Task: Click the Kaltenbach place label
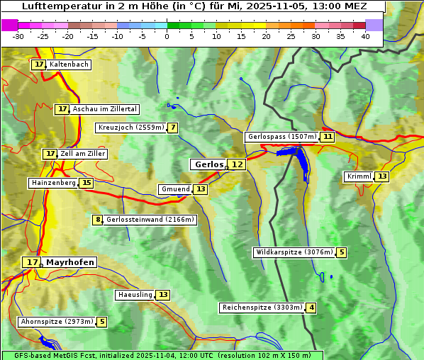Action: pyautogui.click(x=69, y=64)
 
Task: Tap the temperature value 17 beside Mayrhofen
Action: pyautogui.click(x=31, y=262)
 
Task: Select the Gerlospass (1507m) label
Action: pyautogui.click(x=281, y=137)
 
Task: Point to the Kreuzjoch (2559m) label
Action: pyautogui.click(x=130, y=128)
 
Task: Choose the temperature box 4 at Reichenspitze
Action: pyautogui.click(x=311, y=308)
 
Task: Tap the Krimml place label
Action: pyautogui.click(x=359, y=176)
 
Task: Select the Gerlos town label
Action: pyautogui.click(x=208, y=164)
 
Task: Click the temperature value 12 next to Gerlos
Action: pyautogui.click(x=237, y=164)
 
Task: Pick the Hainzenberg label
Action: pyautogui.click(x=52, y=183)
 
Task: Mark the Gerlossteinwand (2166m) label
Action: pyautogui.click(x=150, y=220)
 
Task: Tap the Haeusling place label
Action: pyautogui.click(x=134, y=295)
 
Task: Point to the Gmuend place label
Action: pyautogui.click(x=175, y=189)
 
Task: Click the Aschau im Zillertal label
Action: pyautogui.click(x=105, y=109)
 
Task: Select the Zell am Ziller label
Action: pyautogui.click(x=83, y=154)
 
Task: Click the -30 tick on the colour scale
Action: pyautogui.click(x=18, y=36)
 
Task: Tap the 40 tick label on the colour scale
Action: pyautogui.click(x=364, y=36)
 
